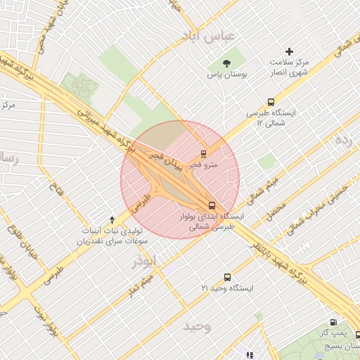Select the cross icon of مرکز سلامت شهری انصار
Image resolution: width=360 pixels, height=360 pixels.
288,51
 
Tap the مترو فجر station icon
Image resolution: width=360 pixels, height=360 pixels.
203,153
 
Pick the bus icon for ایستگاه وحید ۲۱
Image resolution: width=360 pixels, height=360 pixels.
226,277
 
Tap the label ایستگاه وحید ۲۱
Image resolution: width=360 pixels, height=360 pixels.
227,288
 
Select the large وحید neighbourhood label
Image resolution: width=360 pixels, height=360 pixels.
197,326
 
